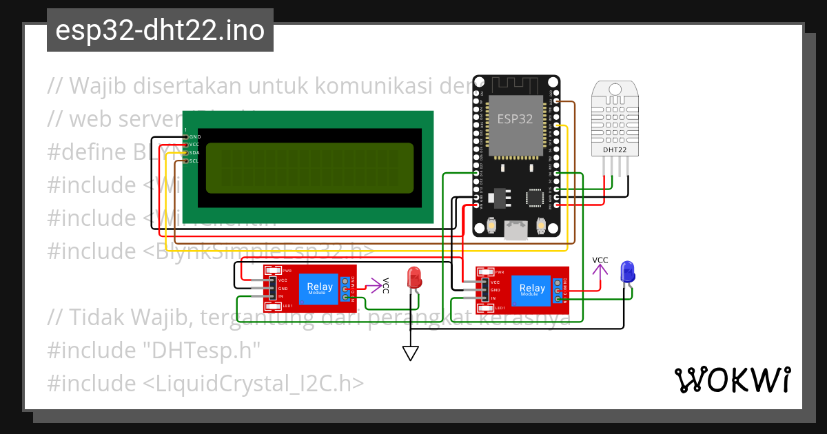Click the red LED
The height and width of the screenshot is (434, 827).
[x=414, y=278]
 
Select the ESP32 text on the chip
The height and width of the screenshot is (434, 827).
[x=515, y=118]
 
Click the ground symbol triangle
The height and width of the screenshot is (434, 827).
[x=411, y=353]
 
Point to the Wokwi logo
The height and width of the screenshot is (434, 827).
[x=732, y=380]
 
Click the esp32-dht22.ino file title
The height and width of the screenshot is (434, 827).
[x=160, y=30]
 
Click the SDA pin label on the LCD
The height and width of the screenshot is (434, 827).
[x=194, y=153]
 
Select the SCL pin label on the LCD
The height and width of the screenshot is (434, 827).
[x=194, y=161]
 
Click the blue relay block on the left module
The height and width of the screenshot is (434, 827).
[x=319, y=289]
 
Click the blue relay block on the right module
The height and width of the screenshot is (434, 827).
[x=531, y=290]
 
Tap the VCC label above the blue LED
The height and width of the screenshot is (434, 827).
[x=600, y=260]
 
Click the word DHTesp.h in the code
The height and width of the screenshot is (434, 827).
[x=201, y=350]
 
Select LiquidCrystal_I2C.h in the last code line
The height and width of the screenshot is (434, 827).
[x=254, y=383]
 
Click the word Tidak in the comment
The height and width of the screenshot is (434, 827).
[x=96, y=318]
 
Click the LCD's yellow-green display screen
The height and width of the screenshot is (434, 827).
[x=309, y=167]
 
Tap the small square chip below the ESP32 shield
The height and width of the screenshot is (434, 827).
[x=535, y=198]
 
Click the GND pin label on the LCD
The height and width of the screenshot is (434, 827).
[x=194, y=136]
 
